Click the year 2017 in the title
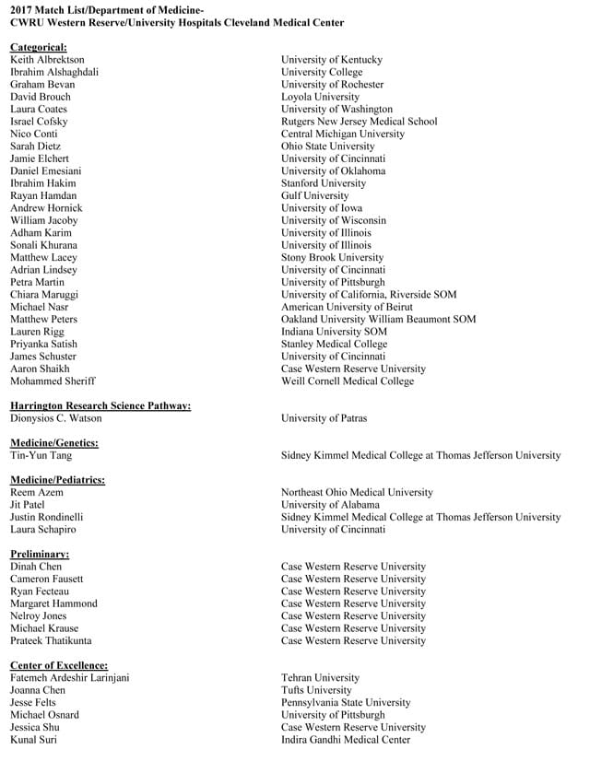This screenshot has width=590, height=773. click(22, 8)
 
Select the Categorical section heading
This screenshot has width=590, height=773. click(38, 47)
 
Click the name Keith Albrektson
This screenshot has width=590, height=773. click(47, 60)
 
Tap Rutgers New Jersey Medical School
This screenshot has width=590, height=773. click(359, 122)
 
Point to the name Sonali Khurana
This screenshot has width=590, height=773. click(43, 245)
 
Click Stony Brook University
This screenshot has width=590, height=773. click(332, 258)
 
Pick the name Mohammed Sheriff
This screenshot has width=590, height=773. click(53, 381)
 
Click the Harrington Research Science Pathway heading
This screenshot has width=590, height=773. click(100, 405)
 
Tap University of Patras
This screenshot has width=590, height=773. click(324, 418)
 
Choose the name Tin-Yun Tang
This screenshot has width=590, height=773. click(41, 455)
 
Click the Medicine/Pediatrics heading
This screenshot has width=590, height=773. click(57, 480)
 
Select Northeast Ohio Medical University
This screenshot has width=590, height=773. click(357, 493)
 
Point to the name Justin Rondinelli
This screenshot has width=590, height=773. click(46, 517)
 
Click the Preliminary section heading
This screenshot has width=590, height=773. click(40, 554)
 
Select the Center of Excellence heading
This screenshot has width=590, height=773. click(59, 665)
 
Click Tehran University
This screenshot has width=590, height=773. click(320, 678)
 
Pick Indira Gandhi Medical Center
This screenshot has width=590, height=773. click(346, 740)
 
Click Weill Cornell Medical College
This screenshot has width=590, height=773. click(348, 381)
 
